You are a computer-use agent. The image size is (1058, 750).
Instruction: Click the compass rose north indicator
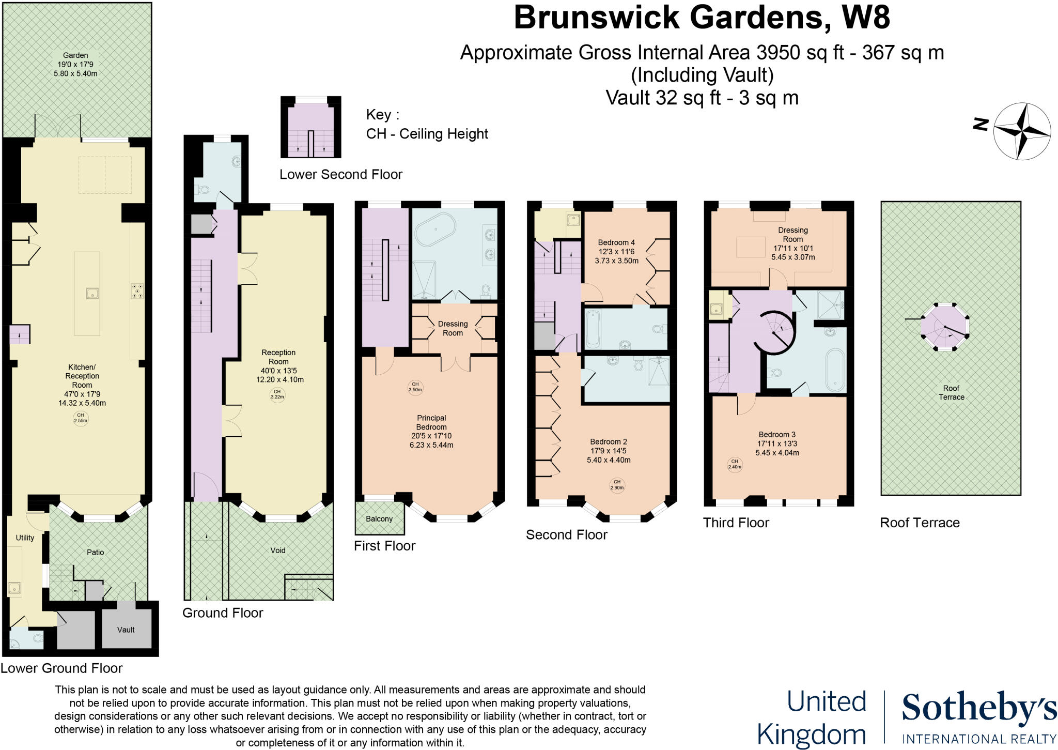pos(980,124)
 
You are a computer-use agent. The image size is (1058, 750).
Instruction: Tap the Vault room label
pos(126,630)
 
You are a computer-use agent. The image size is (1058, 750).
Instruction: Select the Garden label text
pos(75,55)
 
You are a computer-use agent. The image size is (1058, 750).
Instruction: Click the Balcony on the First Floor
pos(379,518)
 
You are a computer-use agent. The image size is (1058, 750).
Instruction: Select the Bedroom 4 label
pos(616,242)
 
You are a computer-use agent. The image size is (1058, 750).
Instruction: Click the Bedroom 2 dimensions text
pos(609,455)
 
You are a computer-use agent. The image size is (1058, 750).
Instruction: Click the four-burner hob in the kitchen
pos(137,291)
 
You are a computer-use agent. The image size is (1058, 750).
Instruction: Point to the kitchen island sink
pos(93,294)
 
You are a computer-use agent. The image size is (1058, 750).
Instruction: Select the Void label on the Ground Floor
pos(278,550)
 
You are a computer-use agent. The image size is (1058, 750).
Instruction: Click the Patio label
pos(96,552)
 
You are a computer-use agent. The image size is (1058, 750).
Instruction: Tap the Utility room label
pos(25,538)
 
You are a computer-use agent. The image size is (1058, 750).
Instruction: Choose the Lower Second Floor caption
pos(341,175)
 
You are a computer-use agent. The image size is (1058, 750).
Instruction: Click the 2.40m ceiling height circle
pos(734,464)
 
